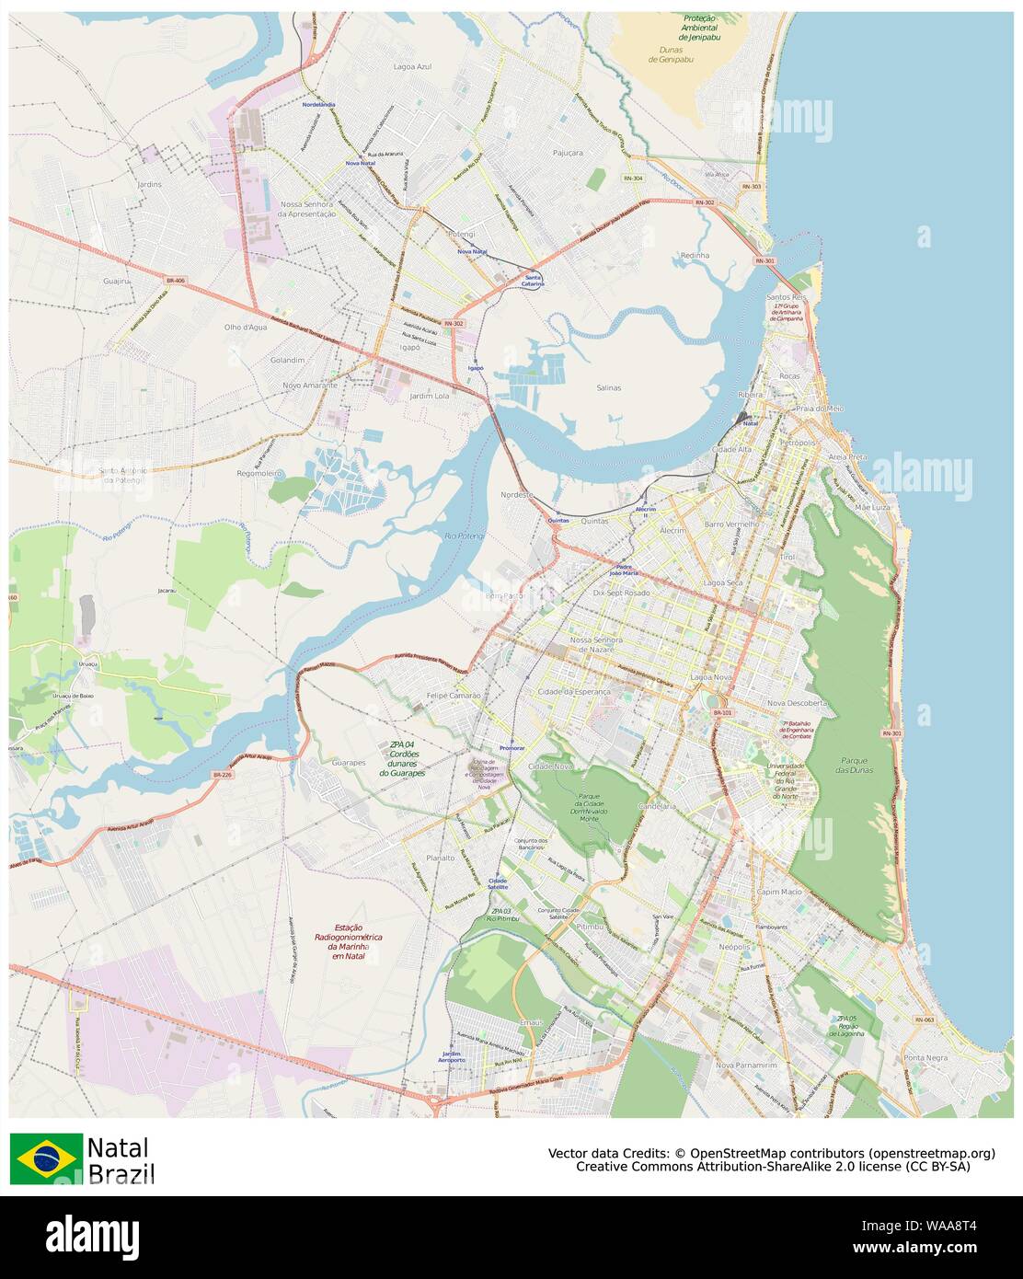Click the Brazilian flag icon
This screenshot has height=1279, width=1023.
[46, 1158]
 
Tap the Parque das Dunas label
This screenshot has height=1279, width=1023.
[856, 765]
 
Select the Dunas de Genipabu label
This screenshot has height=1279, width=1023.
[671, 54]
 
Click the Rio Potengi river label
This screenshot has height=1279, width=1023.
[464, 536]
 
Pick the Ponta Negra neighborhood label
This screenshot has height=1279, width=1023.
[925, 1057]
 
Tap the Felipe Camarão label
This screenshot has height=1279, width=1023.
[454, 696]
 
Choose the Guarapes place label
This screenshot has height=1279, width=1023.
[349, 762]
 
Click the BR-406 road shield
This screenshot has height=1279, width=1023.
[176, 280]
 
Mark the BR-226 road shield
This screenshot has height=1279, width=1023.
[223, 774]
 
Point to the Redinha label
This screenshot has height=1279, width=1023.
[695, 255]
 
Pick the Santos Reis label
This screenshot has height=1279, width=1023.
[785, 297]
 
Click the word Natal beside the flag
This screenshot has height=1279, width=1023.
[117, 1147]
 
